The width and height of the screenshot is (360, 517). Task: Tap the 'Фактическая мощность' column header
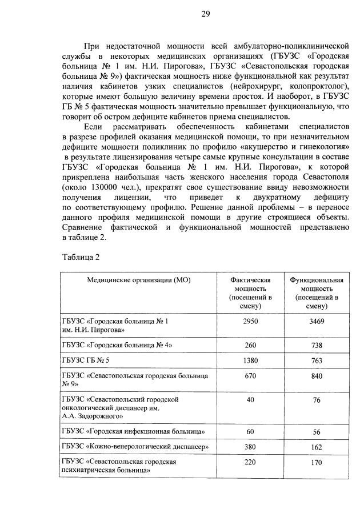pyautogui.click(x=250, y=293)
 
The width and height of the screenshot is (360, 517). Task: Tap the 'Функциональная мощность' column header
pyautogui.click(x=317, y=293)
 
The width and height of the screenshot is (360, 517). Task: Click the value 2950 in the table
pyautogui.click(x=250, y=322)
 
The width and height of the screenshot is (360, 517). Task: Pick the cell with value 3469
pyautogui.click(x=317, y=322)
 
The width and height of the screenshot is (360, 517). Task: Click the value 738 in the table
pyautogui.click(x=317, y=346)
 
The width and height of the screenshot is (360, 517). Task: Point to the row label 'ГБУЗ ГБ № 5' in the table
pyautogui.click(x=85, y=360)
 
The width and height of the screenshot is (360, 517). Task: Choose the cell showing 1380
pyautogui.click(x=250, y=360)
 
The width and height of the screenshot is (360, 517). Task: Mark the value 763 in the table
pyautogui.click(x=317, y=361)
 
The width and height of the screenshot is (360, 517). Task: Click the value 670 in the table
pyautogui.click(x=250, y=376)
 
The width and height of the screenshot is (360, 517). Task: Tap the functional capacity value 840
pyautogui.click(x=317, y=376)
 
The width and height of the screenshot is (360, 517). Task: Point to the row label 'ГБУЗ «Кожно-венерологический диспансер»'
pyautogui.click(x=135, y=446)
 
